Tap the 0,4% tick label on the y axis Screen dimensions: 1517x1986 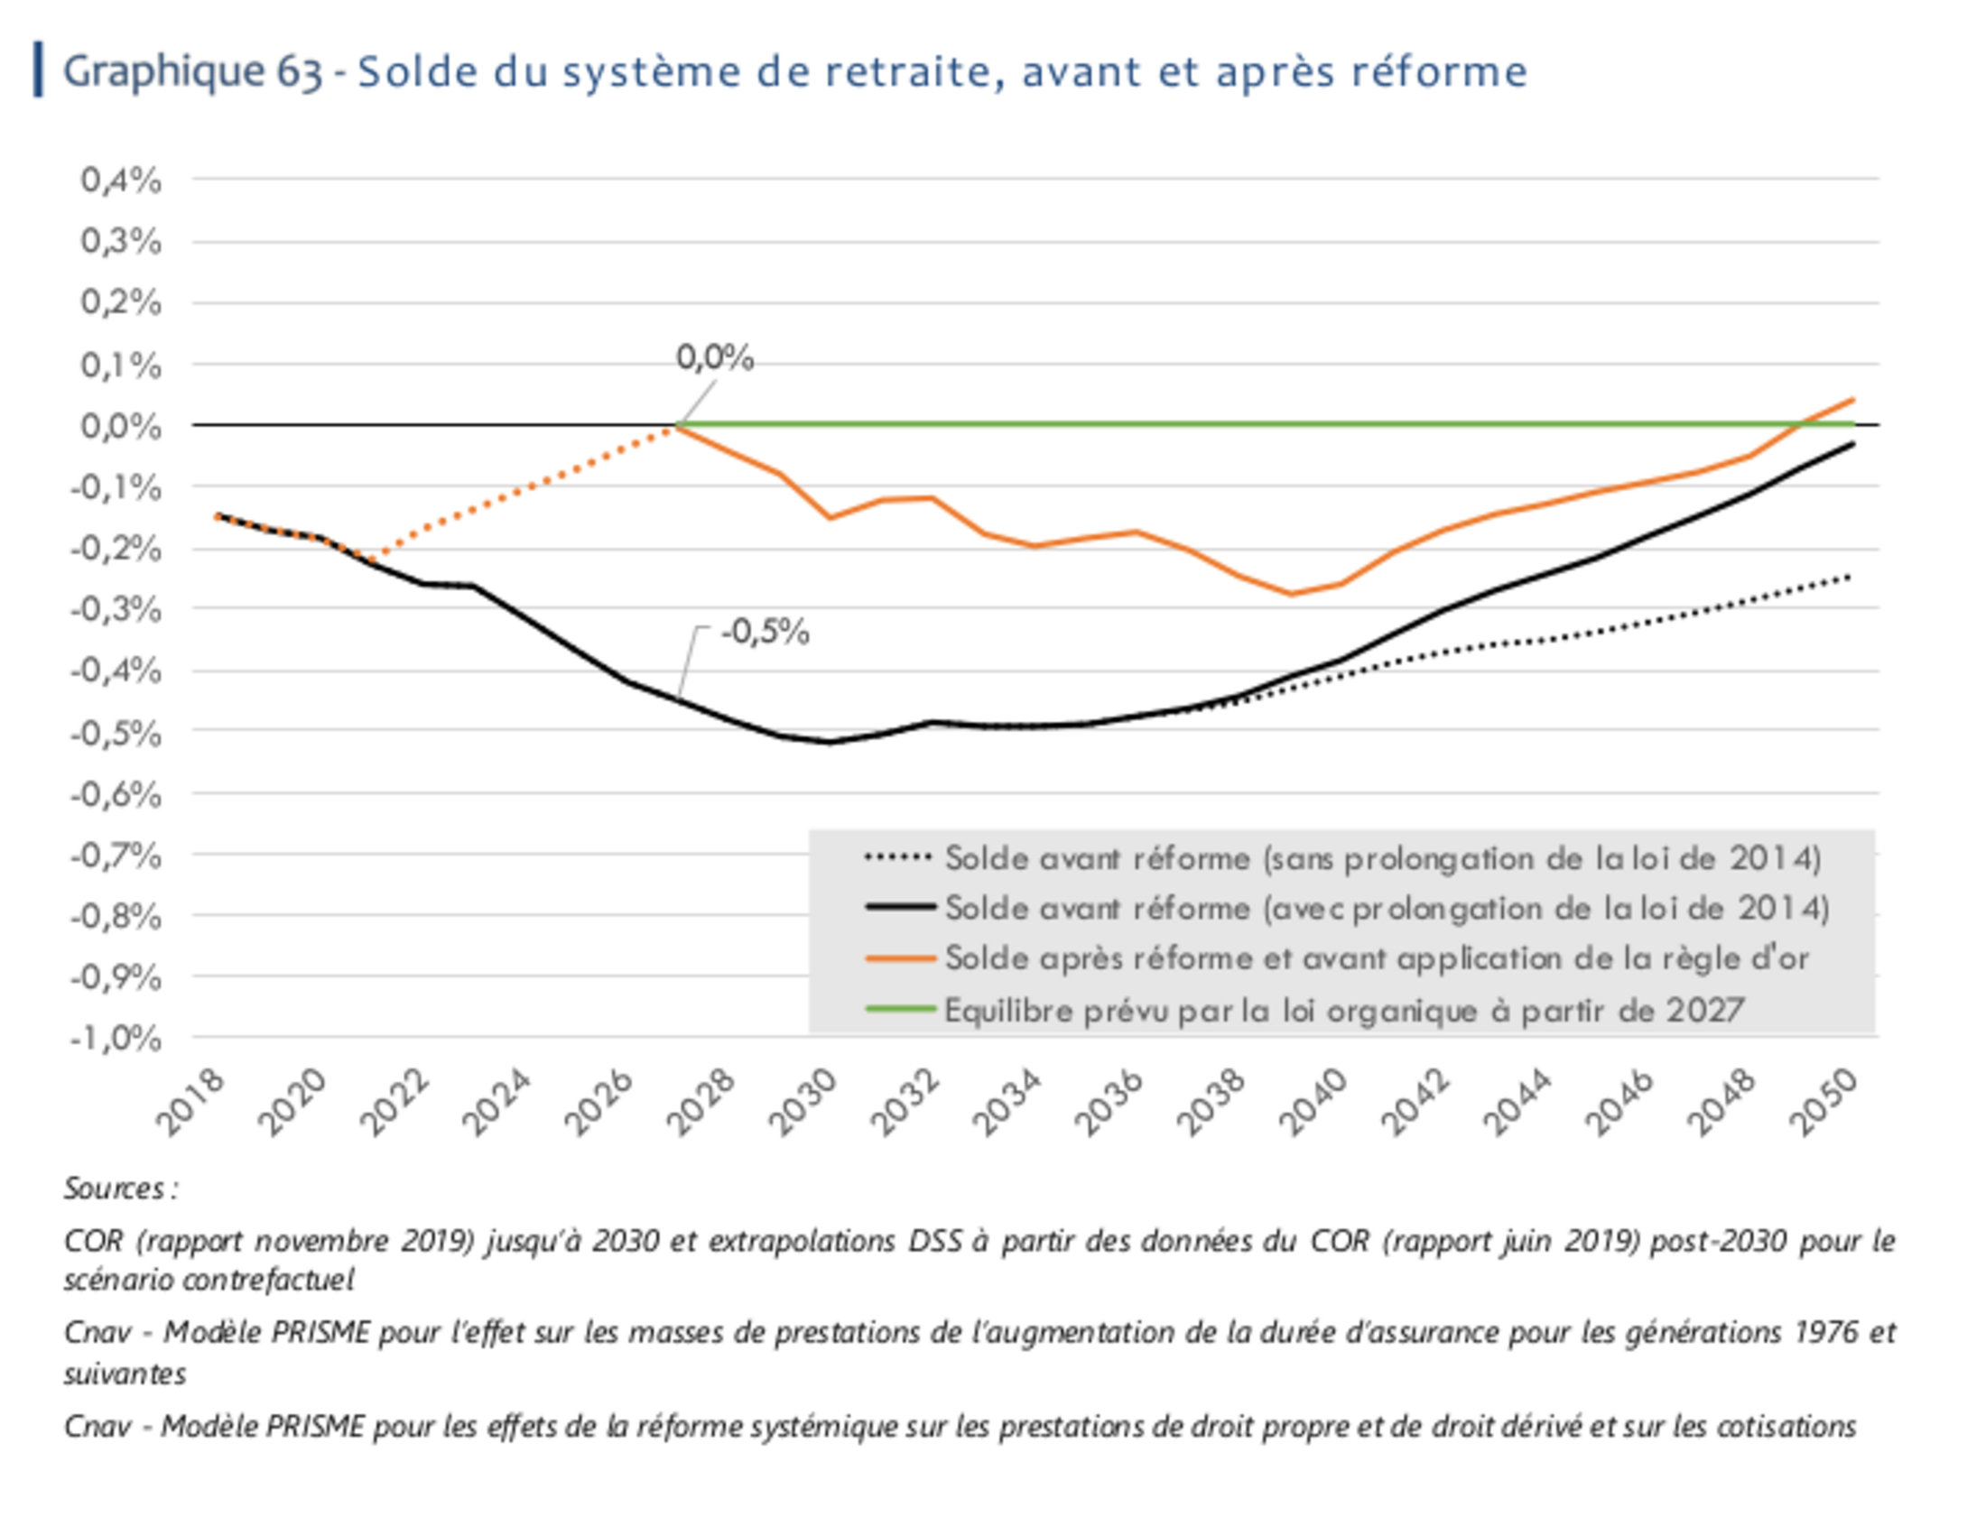pyautogui.click(x=121, y=180)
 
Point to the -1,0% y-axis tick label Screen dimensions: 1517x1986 pyautogui.click(x=116, y=1039)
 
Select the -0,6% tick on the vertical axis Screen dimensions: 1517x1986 pyautogui.click(x=116, y=795)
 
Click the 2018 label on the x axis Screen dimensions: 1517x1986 pyautogui.click(x=191, y=1102)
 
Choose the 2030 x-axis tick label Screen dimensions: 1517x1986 pyautogui.click(x=803, y=1102)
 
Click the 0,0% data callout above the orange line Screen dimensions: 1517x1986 pyautogui.click(x=714, y=358)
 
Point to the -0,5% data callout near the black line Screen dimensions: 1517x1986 pyautogui.click(x=765, y=632)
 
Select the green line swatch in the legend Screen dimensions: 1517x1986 pyautogui.click(x=899, y=1009)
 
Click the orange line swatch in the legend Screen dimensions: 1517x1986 pyautogui.click(x=899, y=958)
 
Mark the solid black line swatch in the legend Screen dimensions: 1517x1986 pyautogui.click(x=899, y=907)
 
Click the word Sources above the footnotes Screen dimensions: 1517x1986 pyautogui.click(x=115, y=1188)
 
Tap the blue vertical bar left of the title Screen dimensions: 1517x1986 pyautogui.click(x=39, y=69)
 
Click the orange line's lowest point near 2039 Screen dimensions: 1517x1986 pyautogui.click(x=1291, y=593)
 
